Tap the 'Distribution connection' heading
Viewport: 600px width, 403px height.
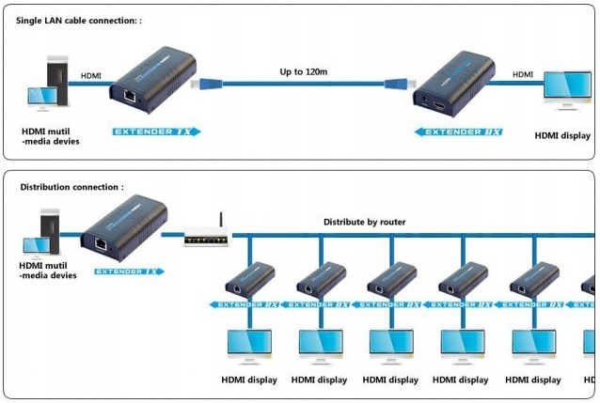click(x=71, y=187)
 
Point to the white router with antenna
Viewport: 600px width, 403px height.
click(x=207, y=235)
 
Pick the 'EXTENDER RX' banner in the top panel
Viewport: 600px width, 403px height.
click(x=461, y=132)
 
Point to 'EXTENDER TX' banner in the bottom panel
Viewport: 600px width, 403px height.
click(x=129, y=271)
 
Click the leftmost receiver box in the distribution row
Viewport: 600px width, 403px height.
click(x=250, y=279)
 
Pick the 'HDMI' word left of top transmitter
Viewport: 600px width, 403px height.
click(x=91, y=76)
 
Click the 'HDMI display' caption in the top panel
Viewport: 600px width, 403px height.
click(x=562, y=135)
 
